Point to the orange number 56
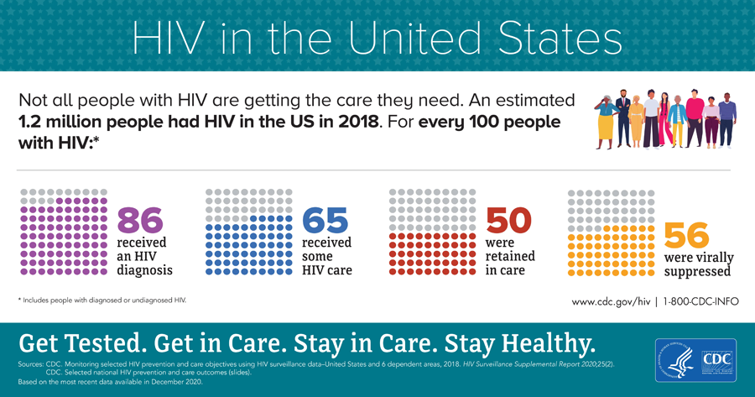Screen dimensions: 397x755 (686, 233)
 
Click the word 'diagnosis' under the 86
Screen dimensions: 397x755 (144, 270)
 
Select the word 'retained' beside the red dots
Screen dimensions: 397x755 (510, 256)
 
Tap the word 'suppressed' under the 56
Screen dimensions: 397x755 (697, 272)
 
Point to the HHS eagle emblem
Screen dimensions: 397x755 (676, 361)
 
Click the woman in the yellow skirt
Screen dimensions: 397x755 (607, 122)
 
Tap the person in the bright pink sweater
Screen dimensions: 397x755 (695, 120)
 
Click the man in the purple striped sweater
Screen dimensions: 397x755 (727, 120)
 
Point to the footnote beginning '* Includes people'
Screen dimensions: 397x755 (102, 299)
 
